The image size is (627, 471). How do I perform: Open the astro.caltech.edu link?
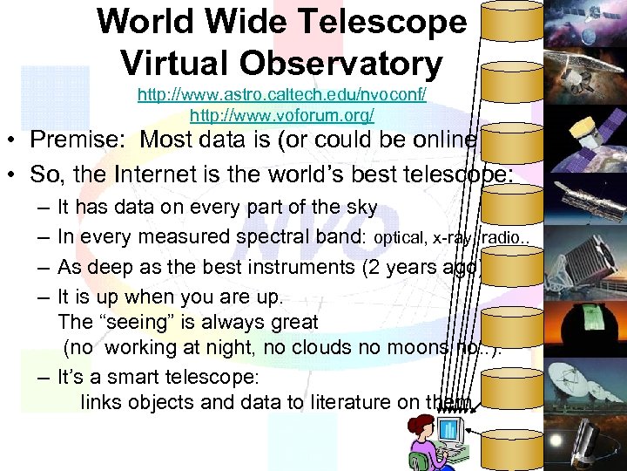[x=281, y=93]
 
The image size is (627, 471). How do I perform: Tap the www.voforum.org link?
[x=281, y=114]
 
